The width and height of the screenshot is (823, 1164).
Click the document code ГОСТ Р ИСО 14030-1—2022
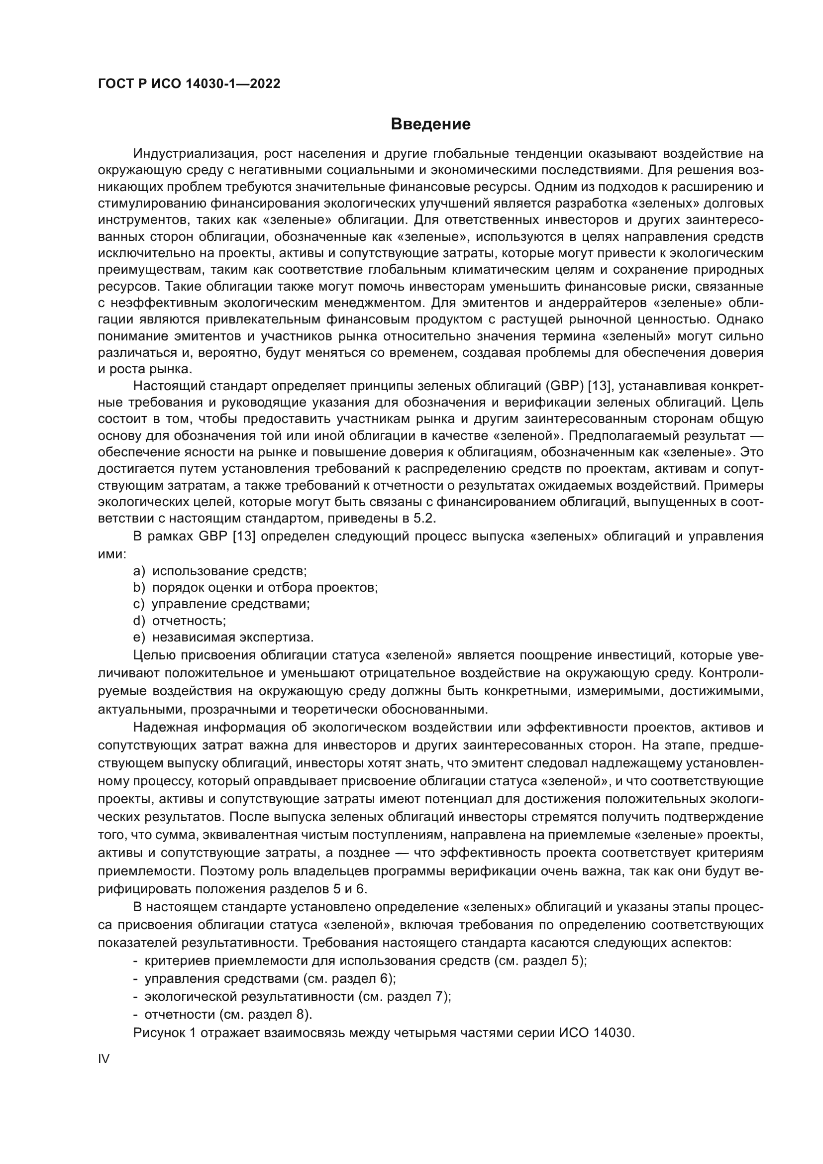pyautogui.click(x=189, y=84)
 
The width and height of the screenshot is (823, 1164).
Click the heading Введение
pyautogui.click(x=430, y=124)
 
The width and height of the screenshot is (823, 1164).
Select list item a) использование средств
pyautogui.click(x=220, y=571)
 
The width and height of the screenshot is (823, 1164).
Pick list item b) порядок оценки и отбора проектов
pyautogui.click(x=255, y=588)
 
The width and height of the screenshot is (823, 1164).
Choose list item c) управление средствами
pyautogui.click(x=221, y=604)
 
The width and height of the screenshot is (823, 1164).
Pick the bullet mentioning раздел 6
pyautogui.click(x=265, y=978)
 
